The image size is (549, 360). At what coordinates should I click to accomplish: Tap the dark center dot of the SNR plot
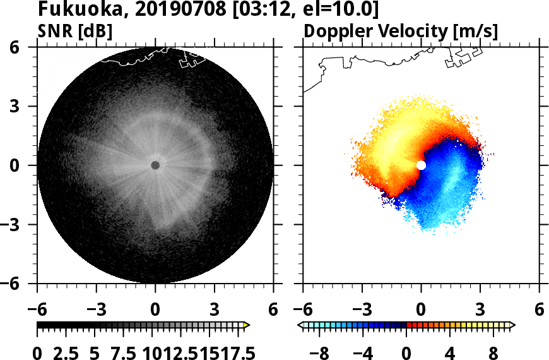tap(155, 165)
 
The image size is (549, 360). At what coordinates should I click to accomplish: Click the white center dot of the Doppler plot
tap(421, 165)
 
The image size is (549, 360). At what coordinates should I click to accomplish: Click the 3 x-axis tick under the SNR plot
tap(215, 309)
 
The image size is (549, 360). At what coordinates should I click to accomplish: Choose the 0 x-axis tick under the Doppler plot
tap(421, 309)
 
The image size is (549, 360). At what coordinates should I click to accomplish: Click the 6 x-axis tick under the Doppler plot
tap(539, 309)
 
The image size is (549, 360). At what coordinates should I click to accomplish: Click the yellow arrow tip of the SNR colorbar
tap(247, 325)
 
